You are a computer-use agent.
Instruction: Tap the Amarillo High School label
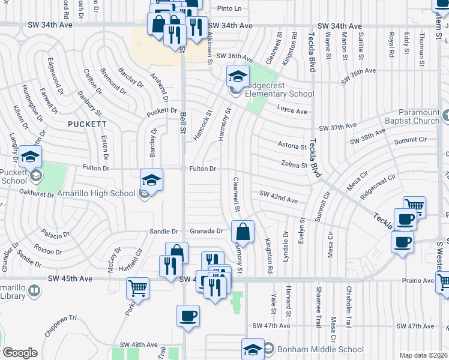96,193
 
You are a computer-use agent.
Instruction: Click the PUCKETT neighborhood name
88,124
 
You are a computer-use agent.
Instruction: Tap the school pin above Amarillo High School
152,179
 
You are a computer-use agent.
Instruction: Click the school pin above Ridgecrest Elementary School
238,76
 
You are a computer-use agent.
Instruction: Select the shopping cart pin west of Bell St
138,289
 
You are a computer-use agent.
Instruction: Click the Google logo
20,353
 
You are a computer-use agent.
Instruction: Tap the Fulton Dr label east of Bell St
203,169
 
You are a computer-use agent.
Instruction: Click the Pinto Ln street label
229,8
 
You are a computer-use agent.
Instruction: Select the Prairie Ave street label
420,280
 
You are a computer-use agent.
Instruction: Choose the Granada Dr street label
206,230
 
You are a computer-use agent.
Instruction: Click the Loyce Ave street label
292,111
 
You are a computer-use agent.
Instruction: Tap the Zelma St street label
294,164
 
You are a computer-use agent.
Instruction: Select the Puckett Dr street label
161,112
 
